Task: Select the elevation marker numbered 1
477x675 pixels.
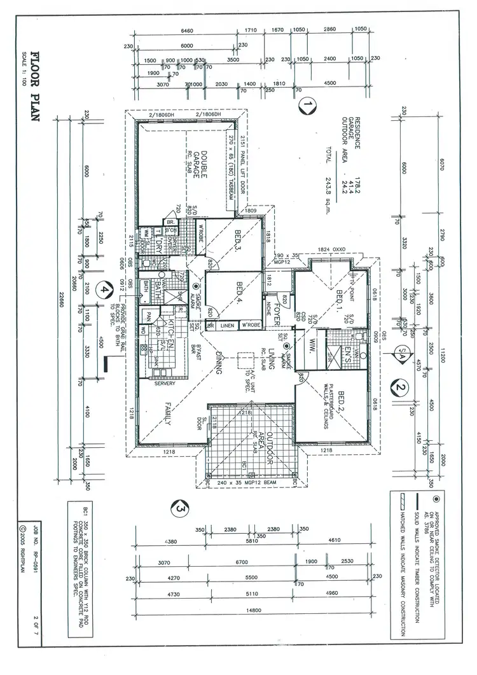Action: (307, 104)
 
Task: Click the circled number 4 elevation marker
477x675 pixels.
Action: (101, 289)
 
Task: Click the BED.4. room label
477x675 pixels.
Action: (240, 292)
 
